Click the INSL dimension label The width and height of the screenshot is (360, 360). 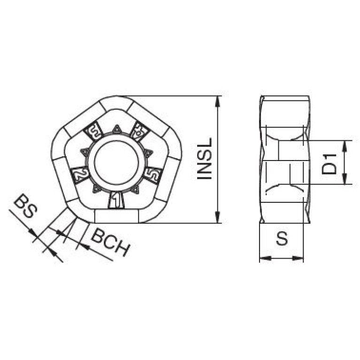(205, 159)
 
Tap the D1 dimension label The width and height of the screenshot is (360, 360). (332, 162)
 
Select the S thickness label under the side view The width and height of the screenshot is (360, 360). (282, 240)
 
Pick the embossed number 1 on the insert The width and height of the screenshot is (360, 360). (117, 201)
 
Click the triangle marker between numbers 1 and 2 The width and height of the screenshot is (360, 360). (96, 188)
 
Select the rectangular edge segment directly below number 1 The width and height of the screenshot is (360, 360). (117, 216)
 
